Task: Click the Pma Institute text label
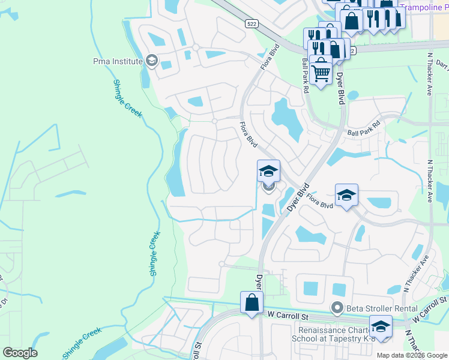(x=118, y=61)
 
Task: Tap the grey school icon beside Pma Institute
(x=152, y=61)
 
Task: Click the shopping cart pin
(x=321, y=71)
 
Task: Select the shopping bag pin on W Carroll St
(x=252, y=303)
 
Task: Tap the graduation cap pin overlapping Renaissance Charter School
(x=380, y=327)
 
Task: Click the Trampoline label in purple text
(x=424, y=7)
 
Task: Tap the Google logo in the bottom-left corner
(x=20, y=353)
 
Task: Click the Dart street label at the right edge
(x=442, y=64)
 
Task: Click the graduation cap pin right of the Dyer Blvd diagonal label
(x=346, y=196)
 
